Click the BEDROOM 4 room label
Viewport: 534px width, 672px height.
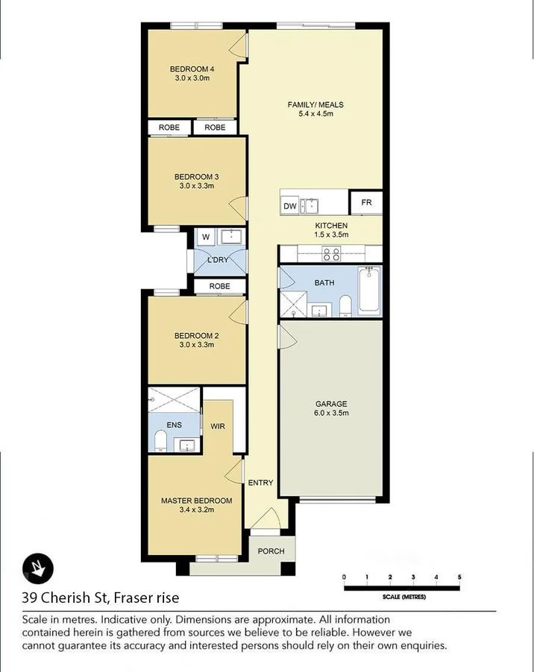[x=192, y=72]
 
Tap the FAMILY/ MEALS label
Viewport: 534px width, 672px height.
[x=315, y=105]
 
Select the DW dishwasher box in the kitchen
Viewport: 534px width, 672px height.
[x=290, y=206]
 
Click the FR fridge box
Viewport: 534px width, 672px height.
[x=366, y=203]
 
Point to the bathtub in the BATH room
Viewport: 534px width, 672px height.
[x=369, y=291]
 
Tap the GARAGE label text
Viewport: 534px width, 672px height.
[x=332, y=404]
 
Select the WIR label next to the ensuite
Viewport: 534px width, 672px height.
[x=218, y=426]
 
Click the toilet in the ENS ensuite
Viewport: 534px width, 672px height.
[x=160, y=442]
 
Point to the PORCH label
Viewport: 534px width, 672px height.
[x=271, y=551]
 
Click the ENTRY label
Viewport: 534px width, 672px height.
[x=261, y=483]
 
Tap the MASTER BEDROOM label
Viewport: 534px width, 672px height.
[x=196, y=501]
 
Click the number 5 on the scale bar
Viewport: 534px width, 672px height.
[x=459, y=577]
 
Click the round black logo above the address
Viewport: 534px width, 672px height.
[x=35, y=568]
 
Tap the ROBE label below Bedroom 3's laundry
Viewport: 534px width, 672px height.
[x=219, y=286]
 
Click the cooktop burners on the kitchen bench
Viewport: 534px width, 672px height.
[x=331, y=255]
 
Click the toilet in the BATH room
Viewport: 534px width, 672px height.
[x=345, y=305]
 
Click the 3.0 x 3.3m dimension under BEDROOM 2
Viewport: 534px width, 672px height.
[x=196, y=344]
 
